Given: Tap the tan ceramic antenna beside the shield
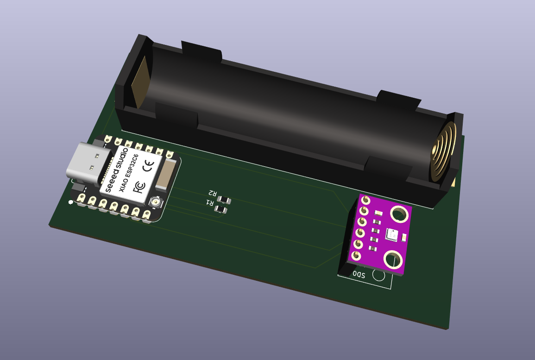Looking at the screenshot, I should click(x=164, y=176).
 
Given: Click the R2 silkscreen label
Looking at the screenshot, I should click(x=213, y=193).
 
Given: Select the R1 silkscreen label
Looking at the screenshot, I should click(x=209, y=203).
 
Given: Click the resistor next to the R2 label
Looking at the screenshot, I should click(x=225, y=200).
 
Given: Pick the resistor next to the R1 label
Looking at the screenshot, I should click(x=221, y=210).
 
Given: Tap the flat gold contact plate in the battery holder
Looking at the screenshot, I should click(x=140, y=83).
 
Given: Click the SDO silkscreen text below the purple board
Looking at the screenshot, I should click(x=359, y=275).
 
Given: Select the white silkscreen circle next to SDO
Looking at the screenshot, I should click(x=378, y=276).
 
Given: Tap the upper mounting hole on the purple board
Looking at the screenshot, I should click(x=399, y=215).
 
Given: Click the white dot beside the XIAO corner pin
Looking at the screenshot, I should click(x=70, y=202).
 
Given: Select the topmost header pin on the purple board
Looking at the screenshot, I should click(x=366, y=200).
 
